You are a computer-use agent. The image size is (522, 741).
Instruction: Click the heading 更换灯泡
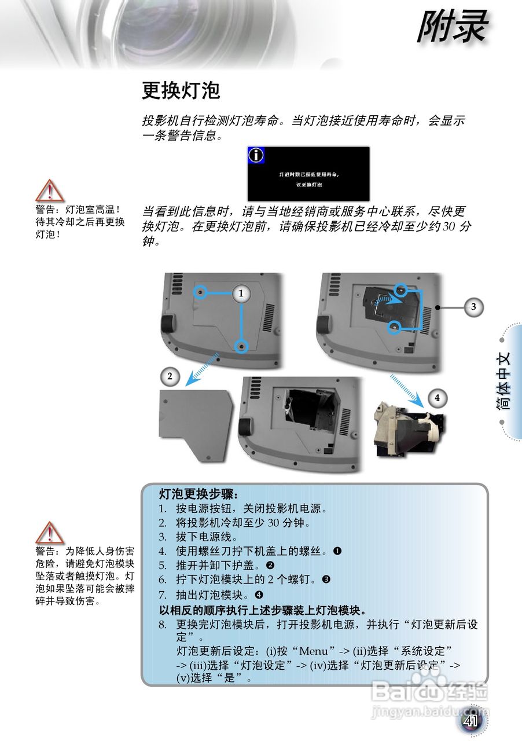[x=181, y=91]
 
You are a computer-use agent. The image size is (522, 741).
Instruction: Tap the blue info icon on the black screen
[x=256, y=155]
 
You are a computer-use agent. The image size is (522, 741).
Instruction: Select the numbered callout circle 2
[x=170, y=376]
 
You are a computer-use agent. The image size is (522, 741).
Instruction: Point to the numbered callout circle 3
[x=473, y=307]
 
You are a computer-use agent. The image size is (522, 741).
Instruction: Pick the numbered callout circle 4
[x=438, y=398]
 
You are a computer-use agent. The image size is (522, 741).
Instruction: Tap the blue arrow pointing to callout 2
[x=200, y=368]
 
